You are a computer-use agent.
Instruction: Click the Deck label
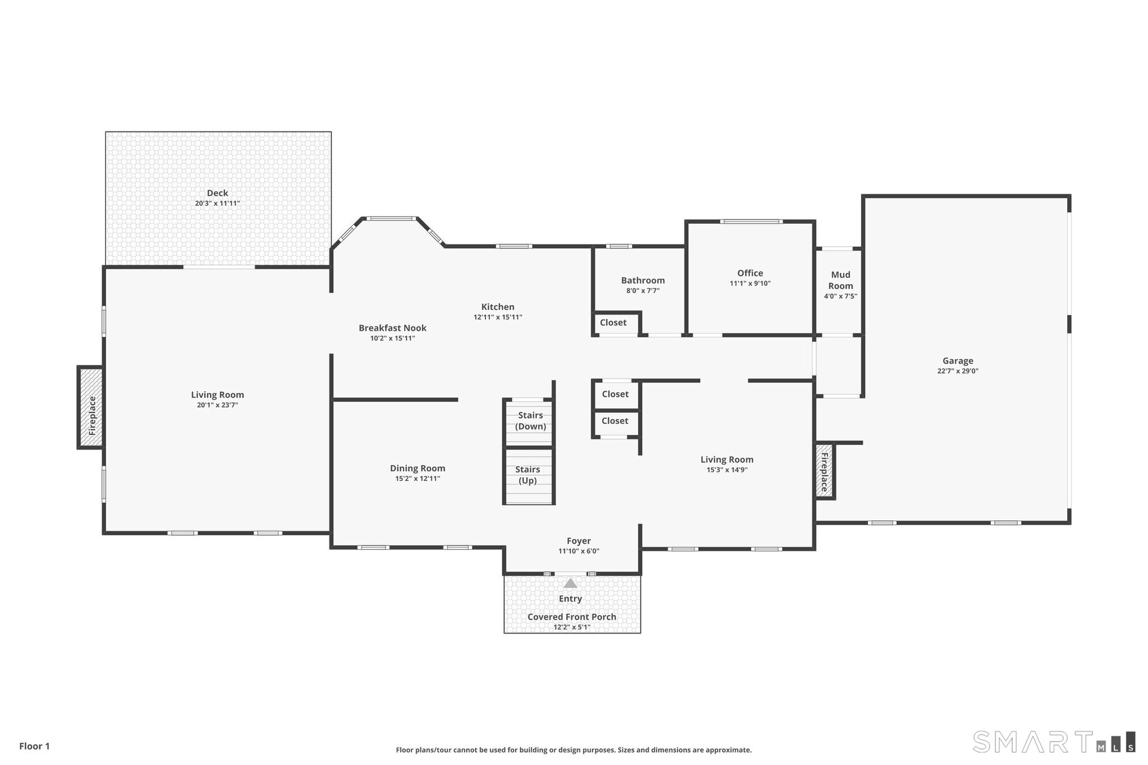point(218,193)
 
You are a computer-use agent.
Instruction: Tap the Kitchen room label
point(498,307)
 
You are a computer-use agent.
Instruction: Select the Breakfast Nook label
point(393,328)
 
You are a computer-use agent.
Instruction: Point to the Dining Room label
point(417,468)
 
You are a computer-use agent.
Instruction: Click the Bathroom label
point(643,281)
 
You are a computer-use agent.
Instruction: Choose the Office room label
point(750,273)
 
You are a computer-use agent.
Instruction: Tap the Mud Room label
point(841,280)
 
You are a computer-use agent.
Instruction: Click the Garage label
point(958,361)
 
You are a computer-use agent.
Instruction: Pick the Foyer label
point(579,541)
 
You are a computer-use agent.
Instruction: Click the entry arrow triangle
point(570,583)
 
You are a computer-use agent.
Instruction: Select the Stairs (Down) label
point(530,420)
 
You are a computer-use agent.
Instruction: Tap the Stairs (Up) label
point(527,475)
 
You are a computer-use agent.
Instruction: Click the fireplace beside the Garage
point(825,471)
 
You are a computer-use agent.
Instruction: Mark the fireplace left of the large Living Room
point(91,407)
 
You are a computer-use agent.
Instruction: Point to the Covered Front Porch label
point(572,617)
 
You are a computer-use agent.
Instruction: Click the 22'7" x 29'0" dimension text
point(958,371)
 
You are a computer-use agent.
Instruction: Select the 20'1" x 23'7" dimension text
point(218,406)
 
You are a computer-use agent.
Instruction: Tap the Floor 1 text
point(35,746)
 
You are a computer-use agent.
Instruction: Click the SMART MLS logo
point(1054,742)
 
